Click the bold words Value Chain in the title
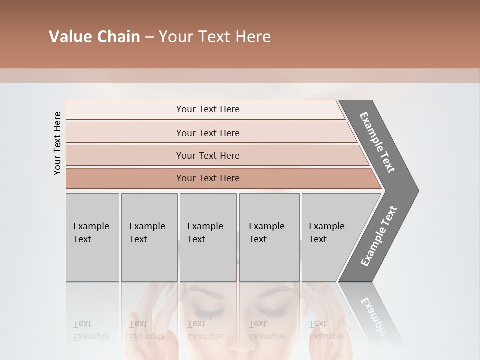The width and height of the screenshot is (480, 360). (x=94, y=37)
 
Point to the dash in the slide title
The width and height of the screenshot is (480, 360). (x=149, y=37)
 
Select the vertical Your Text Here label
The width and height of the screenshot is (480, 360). (x=57, y=143)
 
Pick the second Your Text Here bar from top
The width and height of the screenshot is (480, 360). (x=208, y=133)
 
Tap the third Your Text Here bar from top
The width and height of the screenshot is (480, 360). (x=208, y=155)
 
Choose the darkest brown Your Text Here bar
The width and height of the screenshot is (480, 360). (x=208, y=178)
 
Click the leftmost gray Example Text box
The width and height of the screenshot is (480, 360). (x=92, y=237)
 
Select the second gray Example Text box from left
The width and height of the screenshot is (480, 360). (x=149, y=237)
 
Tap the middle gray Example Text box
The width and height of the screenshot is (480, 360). (x=208, y=237)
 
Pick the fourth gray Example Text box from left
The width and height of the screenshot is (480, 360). (x=269, y=237)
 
